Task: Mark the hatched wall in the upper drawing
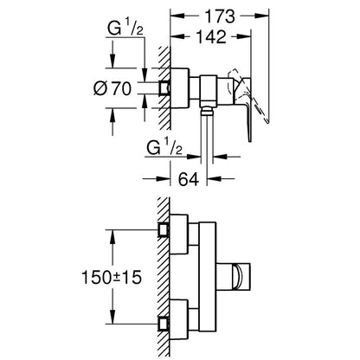point(164,87)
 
